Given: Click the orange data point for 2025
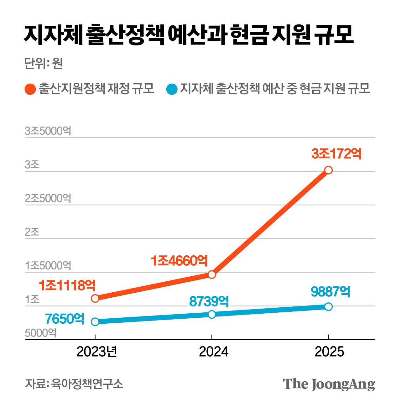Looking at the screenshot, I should pyautogui.click(x=328, y=170).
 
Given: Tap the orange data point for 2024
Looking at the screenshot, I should pyautogui.click(x=212, y=275).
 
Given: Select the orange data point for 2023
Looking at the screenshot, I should pyautogui.click(x=95, y=298).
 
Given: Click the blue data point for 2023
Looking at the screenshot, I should pyautogui.click(x=95, y=322).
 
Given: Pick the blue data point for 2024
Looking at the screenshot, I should pyautogui.click(x=212, y=314).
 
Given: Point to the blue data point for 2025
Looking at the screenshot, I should pyautogui.click(x=328, y=306).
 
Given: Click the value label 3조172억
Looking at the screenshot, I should pyautogui.click(x=336, y=154).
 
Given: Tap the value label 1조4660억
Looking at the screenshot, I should pyautogui.click(x=179, y=261).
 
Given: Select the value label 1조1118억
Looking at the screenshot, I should pyautogui.click(x=67, y=285).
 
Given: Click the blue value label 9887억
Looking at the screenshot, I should pyautogui.click(x=331, y=292).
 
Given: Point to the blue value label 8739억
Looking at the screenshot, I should pyautogui.click(x=209, y=301).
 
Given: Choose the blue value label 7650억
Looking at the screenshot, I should pyautogui.click(x=65, y=319).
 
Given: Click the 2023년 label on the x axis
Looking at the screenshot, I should pyautogui.click(x=97, y=352).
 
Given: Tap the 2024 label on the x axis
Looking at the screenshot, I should pyautogui.click(x=214, y=352).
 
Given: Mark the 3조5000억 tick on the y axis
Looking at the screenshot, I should pyautogui.click(x=48, y=131).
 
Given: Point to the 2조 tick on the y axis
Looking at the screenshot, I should pyautogui.click(x=32, y=232).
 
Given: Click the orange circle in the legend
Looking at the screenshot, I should pyautogui.click(x=30, y=89).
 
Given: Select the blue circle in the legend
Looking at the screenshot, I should pyautogui.click(x=172, y=89).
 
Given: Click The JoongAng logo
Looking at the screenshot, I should pyautogui.click(x=329, y=384).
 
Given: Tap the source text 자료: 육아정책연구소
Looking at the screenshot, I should pyautogui.click(x=74, y=384).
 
